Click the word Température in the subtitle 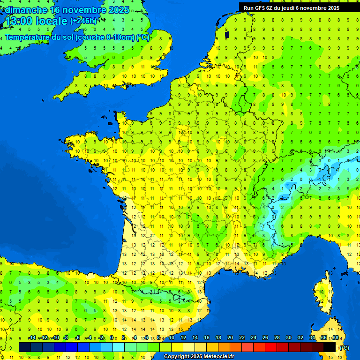point(28,37)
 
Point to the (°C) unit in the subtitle point(142,37)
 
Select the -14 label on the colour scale point(32,338)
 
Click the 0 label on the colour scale point(112,338)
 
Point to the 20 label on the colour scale point(230,338)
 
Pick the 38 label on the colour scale point(335,338)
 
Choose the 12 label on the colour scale point(183,338)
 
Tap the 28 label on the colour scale point(277,338)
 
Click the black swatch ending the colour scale point(330,347)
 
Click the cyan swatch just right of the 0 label point(119,347)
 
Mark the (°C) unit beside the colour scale point(345,347)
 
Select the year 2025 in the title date point(119,10)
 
